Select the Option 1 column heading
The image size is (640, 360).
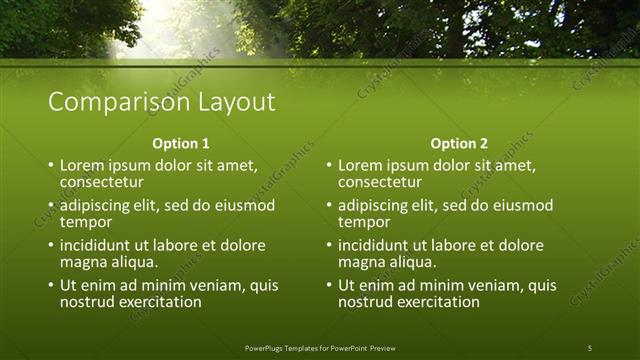(181, 143)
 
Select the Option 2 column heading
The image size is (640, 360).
(459, 143)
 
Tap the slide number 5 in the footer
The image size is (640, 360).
(589, 347)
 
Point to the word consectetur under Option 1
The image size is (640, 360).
(101, 182)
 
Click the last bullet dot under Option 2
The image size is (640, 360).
(329, 286)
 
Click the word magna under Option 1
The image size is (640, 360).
(82, 262)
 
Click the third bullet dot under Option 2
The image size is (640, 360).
(329, 246)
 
